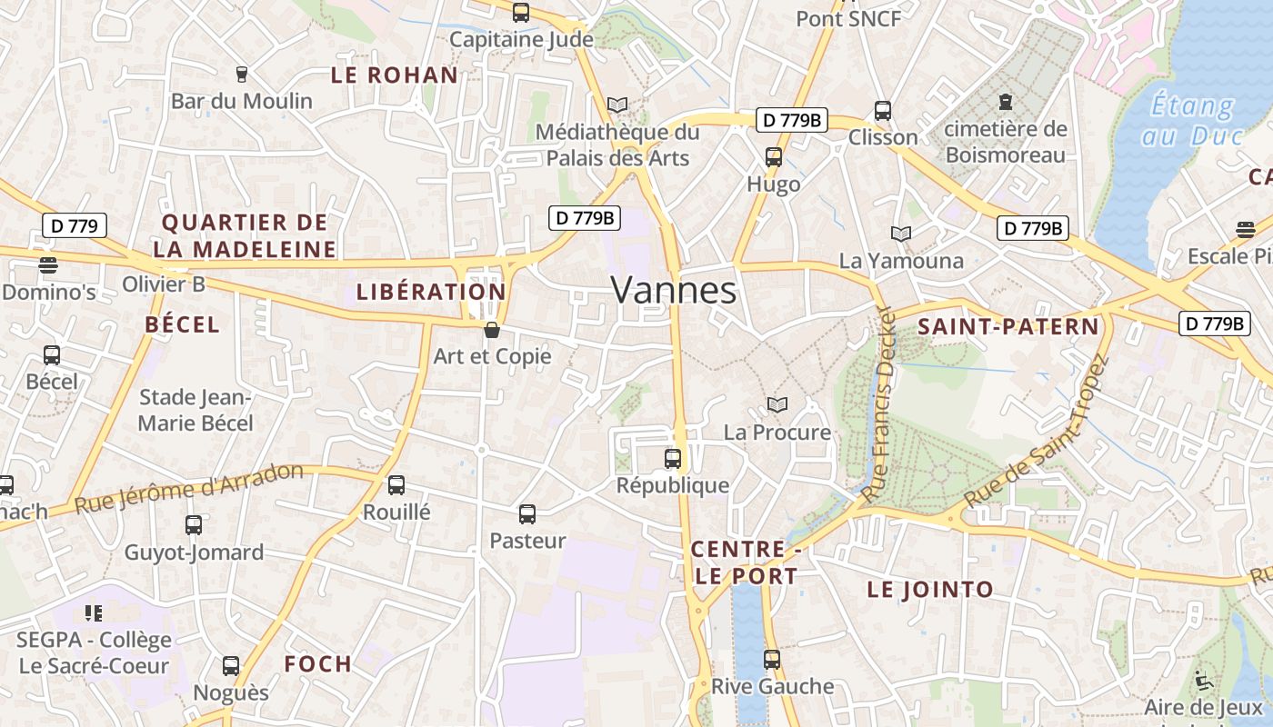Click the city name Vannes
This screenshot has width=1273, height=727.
tap(673, 291)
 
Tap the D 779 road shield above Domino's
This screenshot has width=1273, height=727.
tap(75, 225)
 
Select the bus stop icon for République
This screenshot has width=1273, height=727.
tap(673, 459)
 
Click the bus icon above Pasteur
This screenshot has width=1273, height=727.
tap(527, 514)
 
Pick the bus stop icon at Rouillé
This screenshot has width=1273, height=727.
tap(396, 485)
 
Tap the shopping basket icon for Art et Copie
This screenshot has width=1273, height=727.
tap(492, 330)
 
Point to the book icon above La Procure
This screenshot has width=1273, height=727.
tap(777, 404)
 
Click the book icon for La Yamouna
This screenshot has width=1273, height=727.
tap(900, 234)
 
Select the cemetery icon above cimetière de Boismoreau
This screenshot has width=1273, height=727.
tap(1005, 101)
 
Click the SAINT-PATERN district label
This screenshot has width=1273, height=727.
tap(1008, 327)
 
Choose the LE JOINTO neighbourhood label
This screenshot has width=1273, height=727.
tap(930, 590)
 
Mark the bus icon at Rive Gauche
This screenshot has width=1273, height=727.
tap(772, 660)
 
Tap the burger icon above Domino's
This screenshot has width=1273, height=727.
tap(48, 265)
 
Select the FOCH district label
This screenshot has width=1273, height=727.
tap(317, 664)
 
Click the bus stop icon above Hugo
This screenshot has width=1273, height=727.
tap(774, 157)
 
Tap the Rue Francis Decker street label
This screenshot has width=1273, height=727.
tap(880, 404)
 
